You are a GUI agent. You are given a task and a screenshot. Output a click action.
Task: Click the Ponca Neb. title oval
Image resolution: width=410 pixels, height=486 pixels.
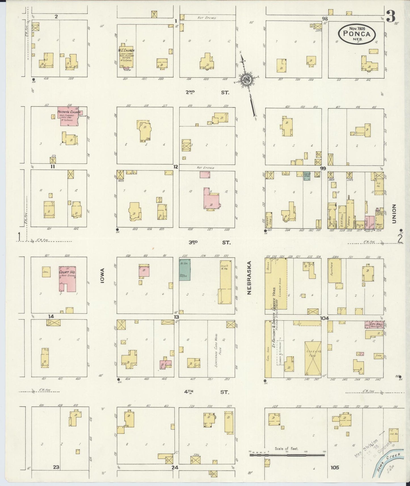pos(357,33)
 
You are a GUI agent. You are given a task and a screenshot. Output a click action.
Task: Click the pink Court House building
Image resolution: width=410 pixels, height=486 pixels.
pos(68,278)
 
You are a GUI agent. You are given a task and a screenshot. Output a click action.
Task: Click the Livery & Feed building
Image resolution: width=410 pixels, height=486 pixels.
pos(313,358)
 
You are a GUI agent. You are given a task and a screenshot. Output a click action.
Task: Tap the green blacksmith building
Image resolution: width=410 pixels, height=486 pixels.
pos(185,269)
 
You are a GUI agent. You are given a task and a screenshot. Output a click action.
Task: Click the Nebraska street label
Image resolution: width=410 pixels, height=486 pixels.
pos(249,278)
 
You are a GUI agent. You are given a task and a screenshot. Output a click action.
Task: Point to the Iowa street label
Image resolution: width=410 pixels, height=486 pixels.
pos(102,278)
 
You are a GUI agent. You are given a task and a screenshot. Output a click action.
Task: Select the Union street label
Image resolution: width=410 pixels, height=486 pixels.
pos(394,214)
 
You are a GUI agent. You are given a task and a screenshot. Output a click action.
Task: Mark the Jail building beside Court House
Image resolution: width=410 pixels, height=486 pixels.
pos(46,272)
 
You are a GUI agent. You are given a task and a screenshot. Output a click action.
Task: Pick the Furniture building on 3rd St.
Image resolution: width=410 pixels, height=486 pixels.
pos(335,270)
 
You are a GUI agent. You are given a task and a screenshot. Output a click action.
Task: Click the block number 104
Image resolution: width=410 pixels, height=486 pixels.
pos(324,318)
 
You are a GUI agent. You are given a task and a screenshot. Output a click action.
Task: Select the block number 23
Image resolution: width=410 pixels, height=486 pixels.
pos(56,467)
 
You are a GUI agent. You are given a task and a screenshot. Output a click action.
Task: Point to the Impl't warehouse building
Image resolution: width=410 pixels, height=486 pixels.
pos(226,281)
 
